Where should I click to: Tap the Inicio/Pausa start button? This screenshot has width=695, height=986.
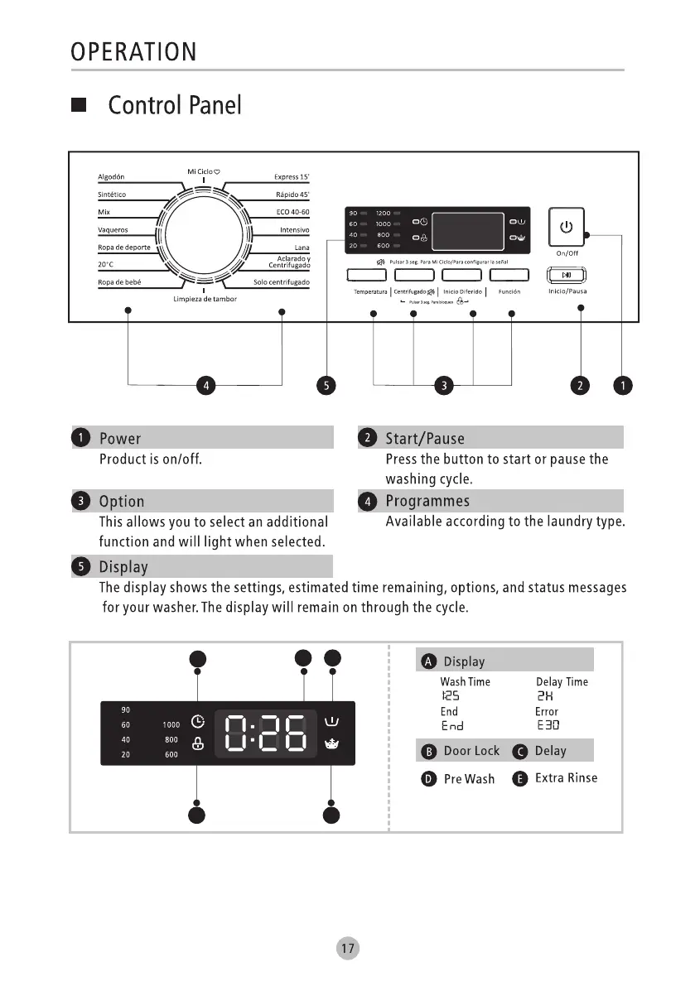click(x=567, y=275)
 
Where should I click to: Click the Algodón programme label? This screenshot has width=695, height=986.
click(x=111, y=176)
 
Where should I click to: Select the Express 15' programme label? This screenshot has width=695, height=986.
click(x=292, y=176)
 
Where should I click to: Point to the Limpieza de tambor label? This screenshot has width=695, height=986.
click(x=205, y=299)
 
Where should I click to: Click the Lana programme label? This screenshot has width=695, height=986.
click(x=302, y=248)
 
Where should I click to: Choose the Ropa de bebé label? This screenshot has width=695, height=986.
click(x=119, y=282)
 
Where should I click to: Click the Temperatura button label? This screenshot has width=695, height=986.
click(x=370, y=291)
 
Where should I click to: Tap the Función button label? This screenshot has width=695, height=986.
click(x=509, y=291)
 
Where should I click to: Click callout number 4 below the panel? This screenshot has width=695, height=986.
click(x=205, y=385)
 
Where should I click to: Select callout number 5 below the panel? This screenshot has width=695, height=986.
click(x=328, y=385)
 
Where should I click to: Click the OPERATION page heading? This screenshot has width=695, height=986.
click(x=133, y=52)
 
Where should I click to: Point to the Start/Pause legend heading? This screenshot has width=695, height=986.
click(x=425, y=438)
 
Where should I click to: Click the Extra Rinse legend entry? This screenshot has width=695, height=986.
click(x=566, y=777)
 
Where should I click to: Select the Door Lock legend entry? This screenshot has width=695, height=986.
click(x=471, y=750)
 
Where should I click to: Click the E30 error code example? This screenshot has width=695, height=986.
click(x=548, y=725)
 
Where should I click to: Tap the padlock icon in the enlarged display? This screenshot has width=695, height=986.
click(x=197, y=743)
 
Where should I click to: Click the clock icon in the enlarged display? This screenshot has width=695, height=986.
click(x=197, y=720)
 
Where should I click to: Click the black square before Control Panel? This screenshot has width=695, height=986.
click(x=80, y=106)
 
